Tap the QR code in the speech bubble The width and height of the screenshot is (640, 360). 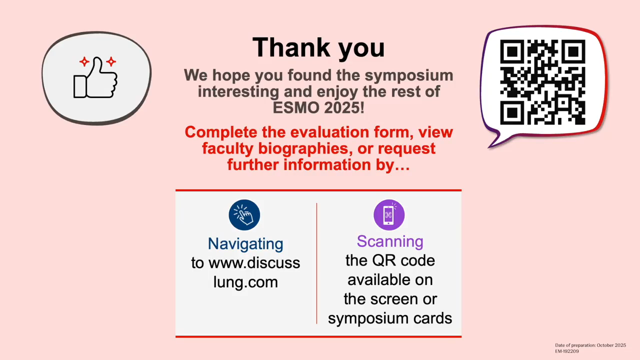[542, 82]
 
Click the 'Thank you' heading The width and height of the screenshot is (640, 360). [318, 47]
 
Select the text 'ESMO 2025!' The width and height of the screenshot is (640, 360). [318, 107]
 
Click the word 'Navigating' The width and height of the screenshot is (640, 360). [245, 243]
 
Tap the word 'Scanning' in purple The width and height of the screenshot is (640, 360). [390, 241]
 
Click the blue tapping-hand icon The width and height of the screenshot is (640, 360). [244, 215]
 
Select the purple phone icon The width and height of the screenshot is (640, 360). [389, 215]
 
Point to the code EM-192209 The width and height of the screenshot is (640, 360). [566, 351]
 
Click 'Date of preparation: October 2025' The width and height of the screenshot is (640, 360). [590, 345]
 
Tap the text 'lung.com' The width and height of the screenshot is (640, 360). [245, 282]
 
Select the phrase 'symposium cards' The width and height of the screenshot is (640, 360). [390, 318]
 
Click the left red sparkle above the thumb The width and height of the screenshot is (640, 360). [84, 62]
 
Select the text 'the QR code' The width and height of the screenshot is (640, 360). [390, 260]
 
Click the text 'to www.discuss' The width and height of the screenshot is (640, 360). [245, 263]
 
